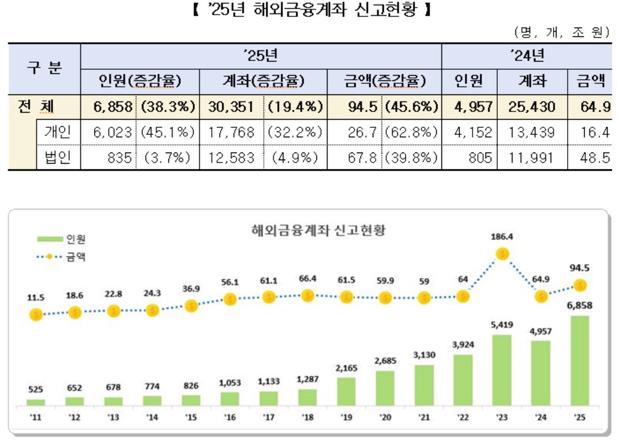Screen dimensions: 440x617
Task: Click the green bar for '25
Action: pos(579,361)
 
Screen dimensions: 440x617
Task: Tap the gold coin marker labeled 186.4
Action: pos(503,254)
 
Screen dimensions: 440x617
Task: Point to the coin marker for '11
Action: pos(36,315)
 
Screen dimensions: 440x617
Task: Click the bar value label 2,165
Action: pos(346,369)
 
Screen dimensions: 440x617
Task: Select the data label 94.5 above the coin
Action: pos(579,269)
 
